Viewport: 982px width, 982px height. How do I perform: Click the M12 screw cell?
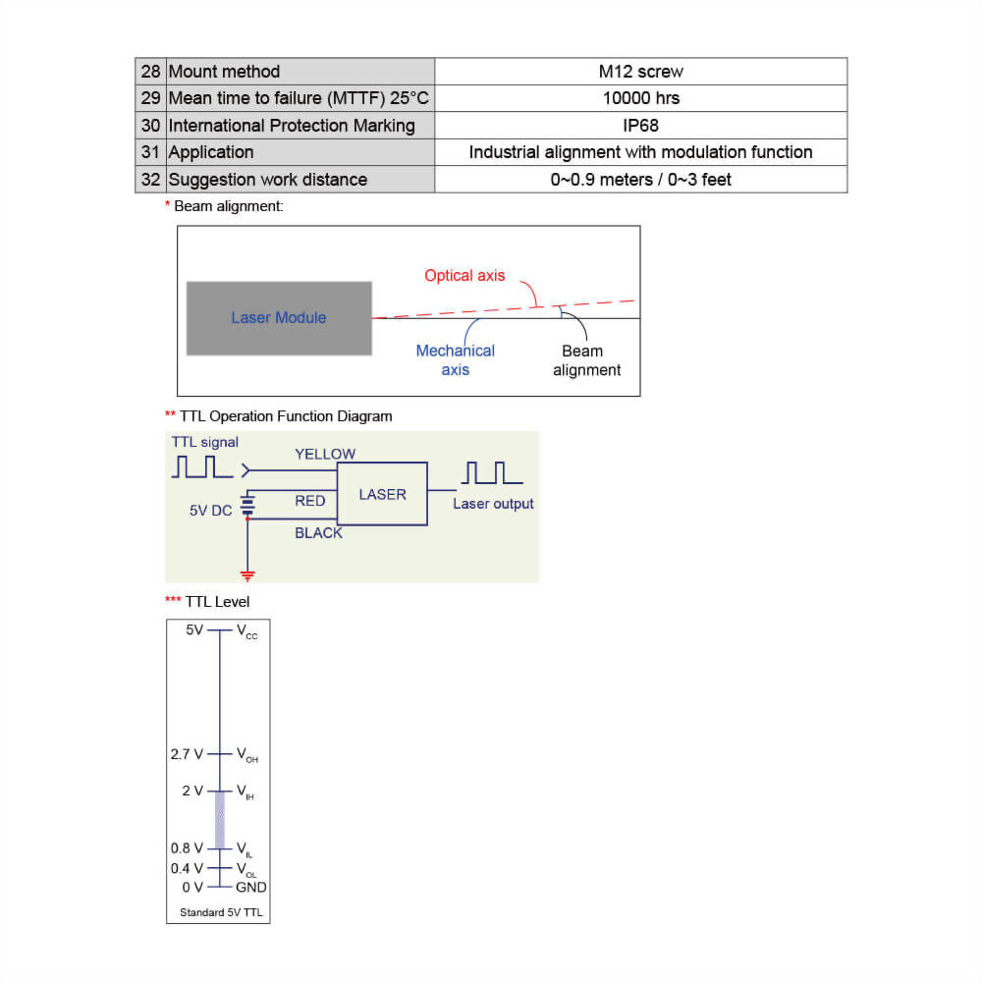point(640,72)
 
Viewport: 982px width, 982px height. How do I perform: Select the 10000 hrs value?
point(640,98)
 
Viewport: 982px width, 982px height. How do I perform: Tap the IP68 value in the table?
point(640,126)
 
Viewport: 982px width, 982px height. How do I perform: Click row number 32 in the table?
point(150,180)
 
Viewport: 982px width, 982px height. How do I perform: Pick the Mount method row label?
point(224,72)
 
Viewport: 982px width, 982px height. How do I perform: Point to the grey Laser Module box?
point(279,318)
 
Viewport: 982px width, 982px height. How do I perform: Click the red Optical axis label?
point(464,276)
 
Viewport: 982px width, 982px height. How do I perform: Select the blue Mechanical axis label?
point(455,360)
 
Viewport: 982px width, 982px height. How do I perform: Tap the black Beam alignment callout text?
point(586,360)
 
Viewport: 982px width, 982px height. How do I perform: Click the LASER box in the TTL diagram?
point(382,495)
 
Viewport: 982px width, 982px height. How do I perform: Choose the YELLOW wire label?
point(325,455)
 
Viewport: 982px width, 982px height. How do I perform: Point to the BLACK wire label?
point(318,533)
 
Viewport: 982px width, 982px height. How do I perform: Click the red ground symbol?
point(247,574)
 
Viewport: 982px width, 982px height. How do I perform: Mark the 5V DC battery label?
point(210,511)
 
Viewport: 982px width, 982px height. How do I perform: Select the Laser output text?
point(493,504)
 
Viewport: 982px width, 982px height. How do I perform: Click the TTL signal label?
point(204,442)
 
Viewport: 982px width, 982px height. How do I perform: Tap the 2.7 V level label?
point(187,754)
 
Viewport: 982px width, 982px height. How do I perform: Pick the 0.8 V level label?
point(187,848)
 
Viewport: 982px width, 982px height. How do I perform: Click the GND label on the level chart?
point(251,888)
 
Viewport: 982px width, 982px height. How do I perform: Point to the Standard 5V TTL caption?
point(220,913)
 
